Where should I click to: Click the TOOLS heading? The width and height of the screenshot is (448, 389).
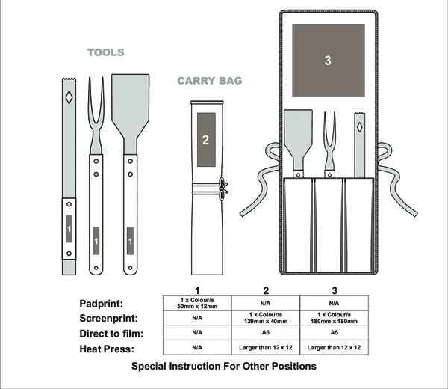pos(105,52)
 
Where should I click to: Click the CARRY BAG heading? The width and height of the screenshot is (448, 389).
pos(210,80)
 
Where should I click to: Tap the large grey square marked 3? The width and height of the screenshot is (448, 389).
pos(328,61)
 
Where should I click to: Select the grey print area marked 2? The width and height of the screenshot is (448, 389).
pos(205,140)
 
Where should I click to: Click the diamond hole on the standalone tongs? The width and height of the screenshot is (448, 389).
pos(68,97)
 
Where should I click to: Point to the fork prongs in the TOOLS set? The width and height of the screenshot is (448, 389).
pos(96,94)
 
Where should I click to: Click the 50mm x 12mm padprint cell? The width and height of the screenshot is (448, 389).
pos(196,303)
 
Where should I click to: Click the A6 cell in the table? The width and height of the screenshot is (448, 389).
pos(265,332)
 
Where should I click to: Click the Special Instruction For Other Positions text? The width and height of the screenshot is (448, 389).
pos(224,367)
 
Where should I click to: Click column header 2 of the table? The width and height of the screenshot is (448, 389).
pos(265,290)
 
